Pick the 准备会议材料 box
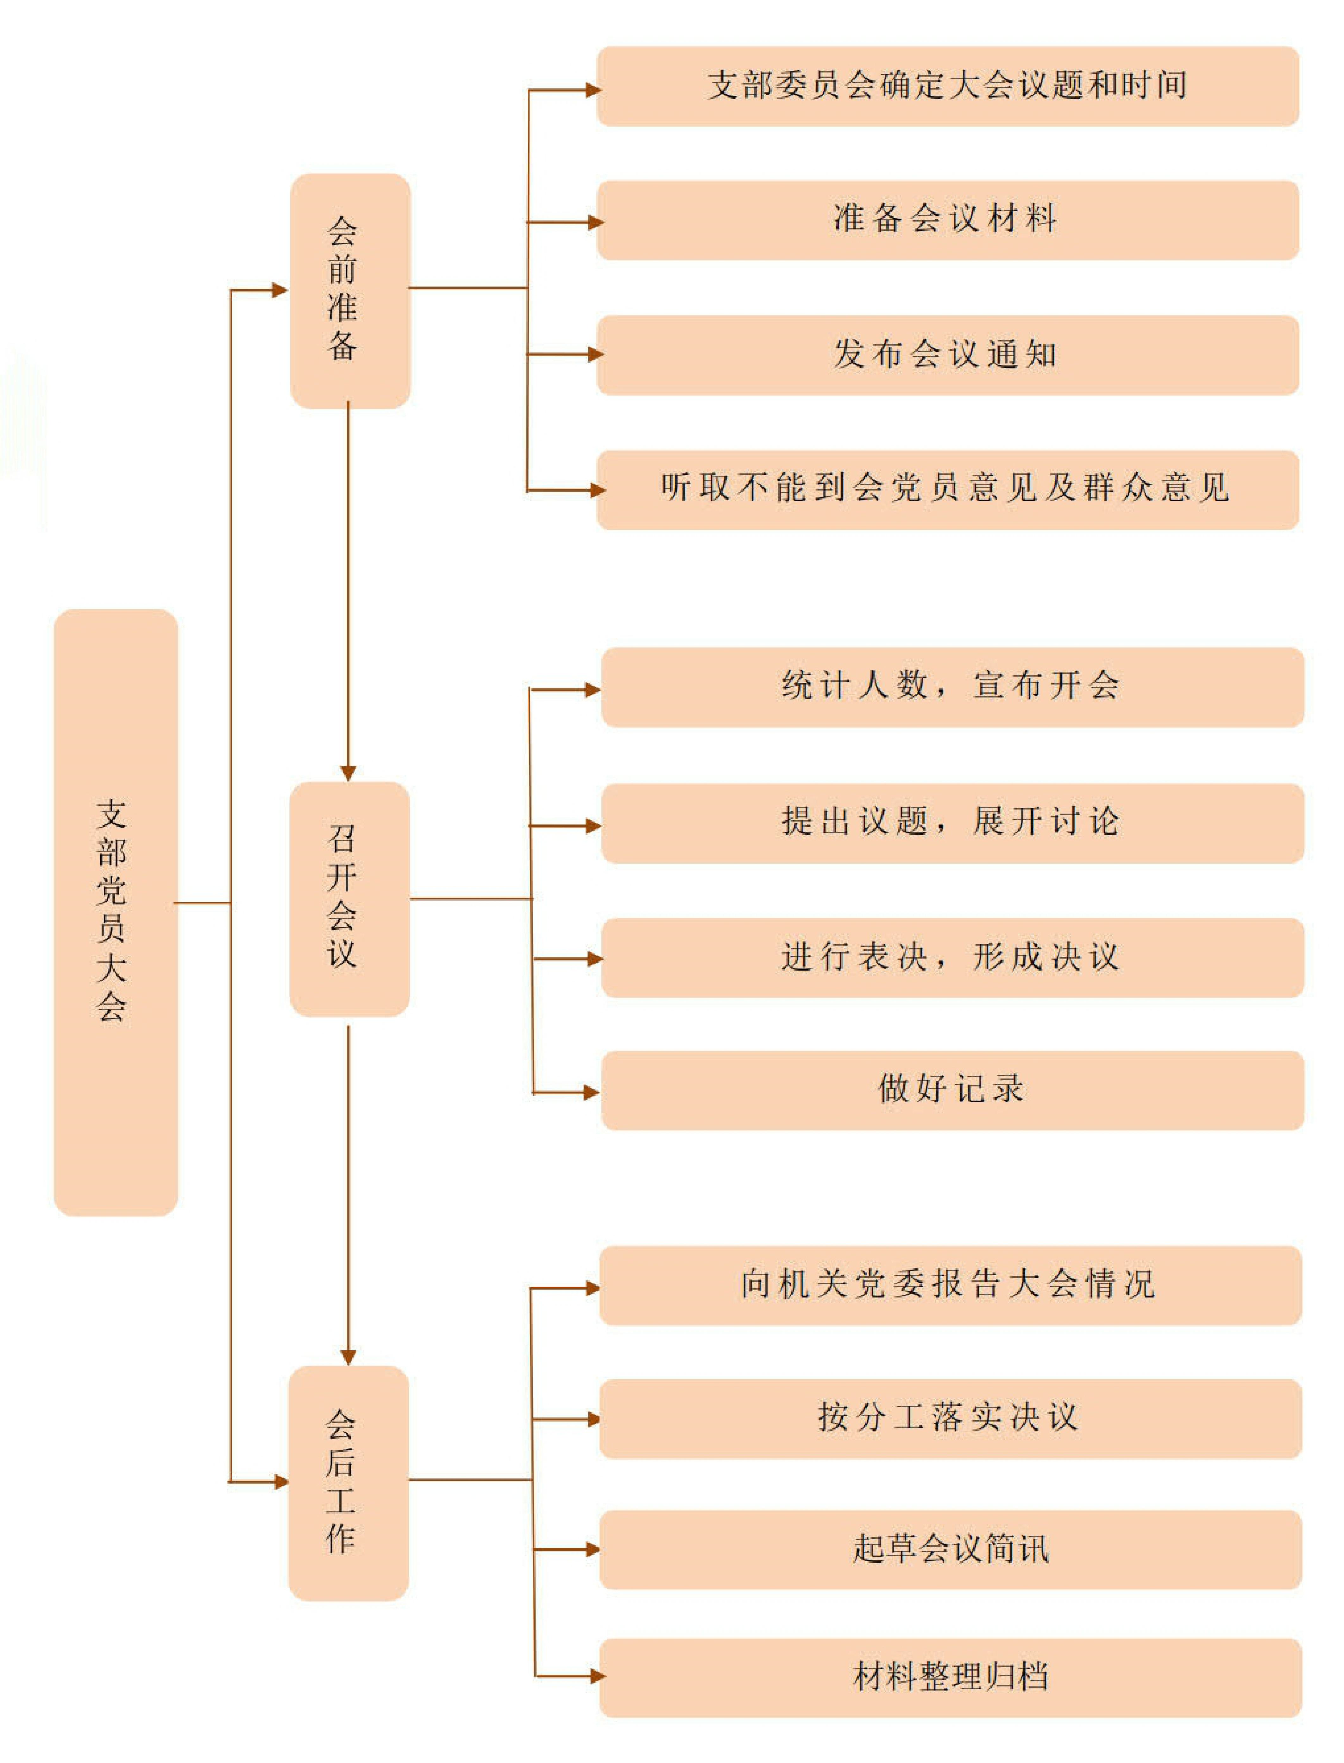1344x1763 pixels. [x=948, y=220]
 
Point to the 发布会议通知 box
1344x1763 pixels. [x=948, y=355]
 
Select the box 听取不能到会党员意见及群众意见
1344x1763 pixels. [x=948, y=490]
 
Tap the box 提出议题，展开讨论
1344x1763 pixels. [x=952, y=823]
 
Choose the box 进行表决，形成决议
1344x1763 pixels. [x=952, y=958]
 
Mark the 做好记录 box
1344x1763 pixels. [x=952, y=1090]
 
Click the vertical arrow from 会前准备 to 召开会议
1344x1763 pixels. [x=348, y=592]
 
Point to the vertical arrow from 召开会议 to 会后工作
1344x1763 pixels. [x=348, y=1196]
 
